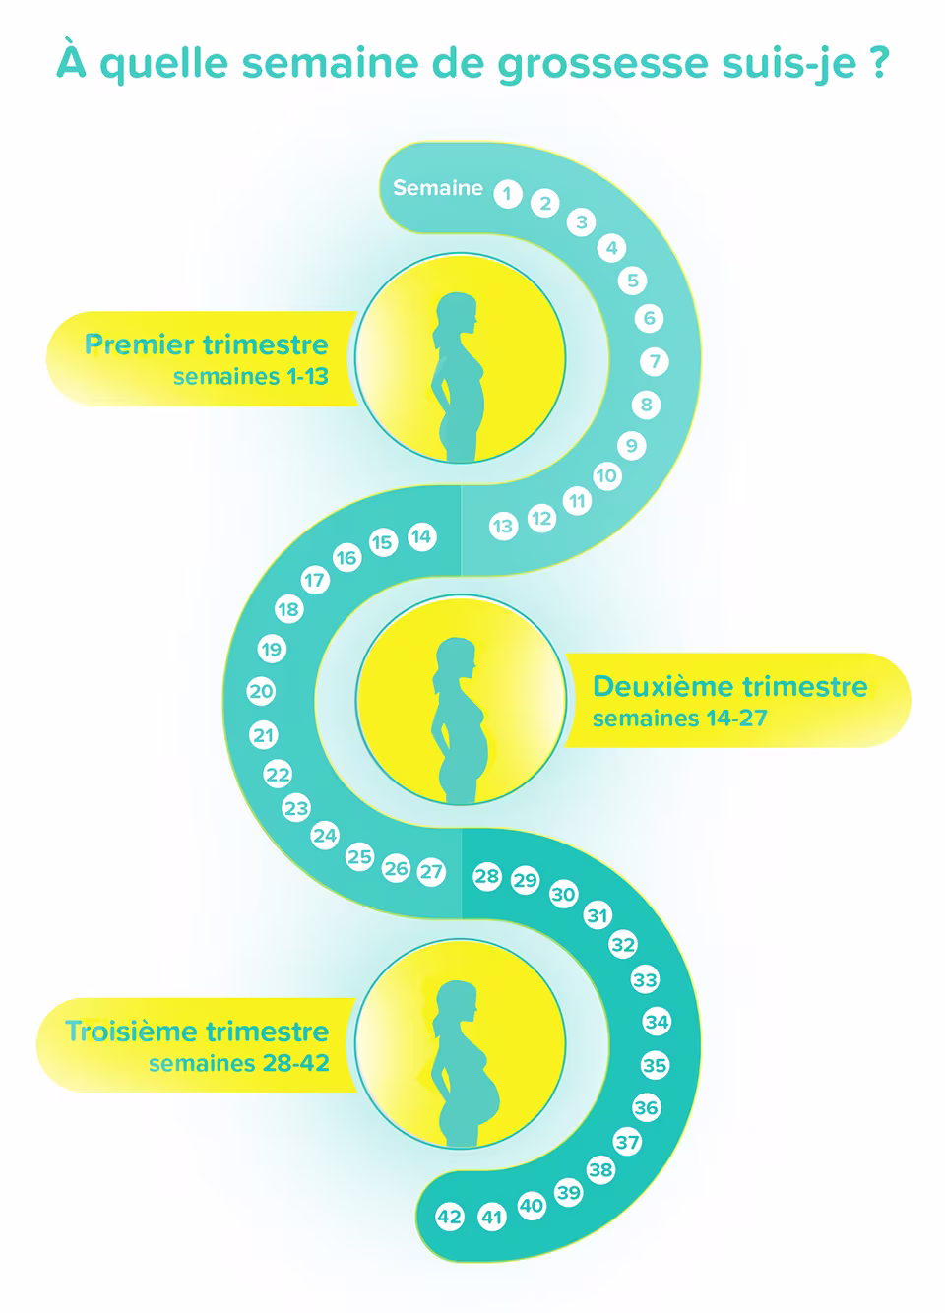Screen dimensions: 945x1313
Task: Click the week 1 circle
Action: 507,194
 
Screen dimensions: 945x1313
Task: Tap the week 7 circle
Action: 655,361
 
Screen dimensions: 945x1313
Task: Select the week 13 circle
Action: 503,527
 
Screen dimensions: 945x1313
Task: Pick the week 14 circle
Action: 421,536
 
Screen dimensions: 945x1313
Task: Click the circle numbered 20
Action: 261,691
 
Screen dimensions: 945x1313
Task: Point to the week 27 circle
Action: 431,872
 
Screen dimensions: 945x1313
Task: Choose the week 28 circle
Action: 486,876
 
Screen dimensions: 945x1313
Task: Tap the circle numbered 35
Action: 655,1065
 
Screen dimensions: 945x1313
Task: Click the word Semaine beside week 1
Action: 438,188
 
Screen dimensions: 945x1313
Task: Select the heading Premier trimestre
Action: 207,344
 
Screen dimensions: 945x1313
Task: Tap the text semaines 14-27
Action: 679,719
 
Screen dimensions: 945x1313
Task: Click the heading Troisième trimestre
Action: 197,1032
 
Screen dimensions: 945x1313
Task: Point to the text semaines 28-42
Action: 238,1063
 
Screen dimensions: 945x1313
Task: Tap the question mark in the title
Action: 879,62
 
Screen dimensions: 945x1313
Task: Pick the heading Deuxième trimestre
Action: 729,686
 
